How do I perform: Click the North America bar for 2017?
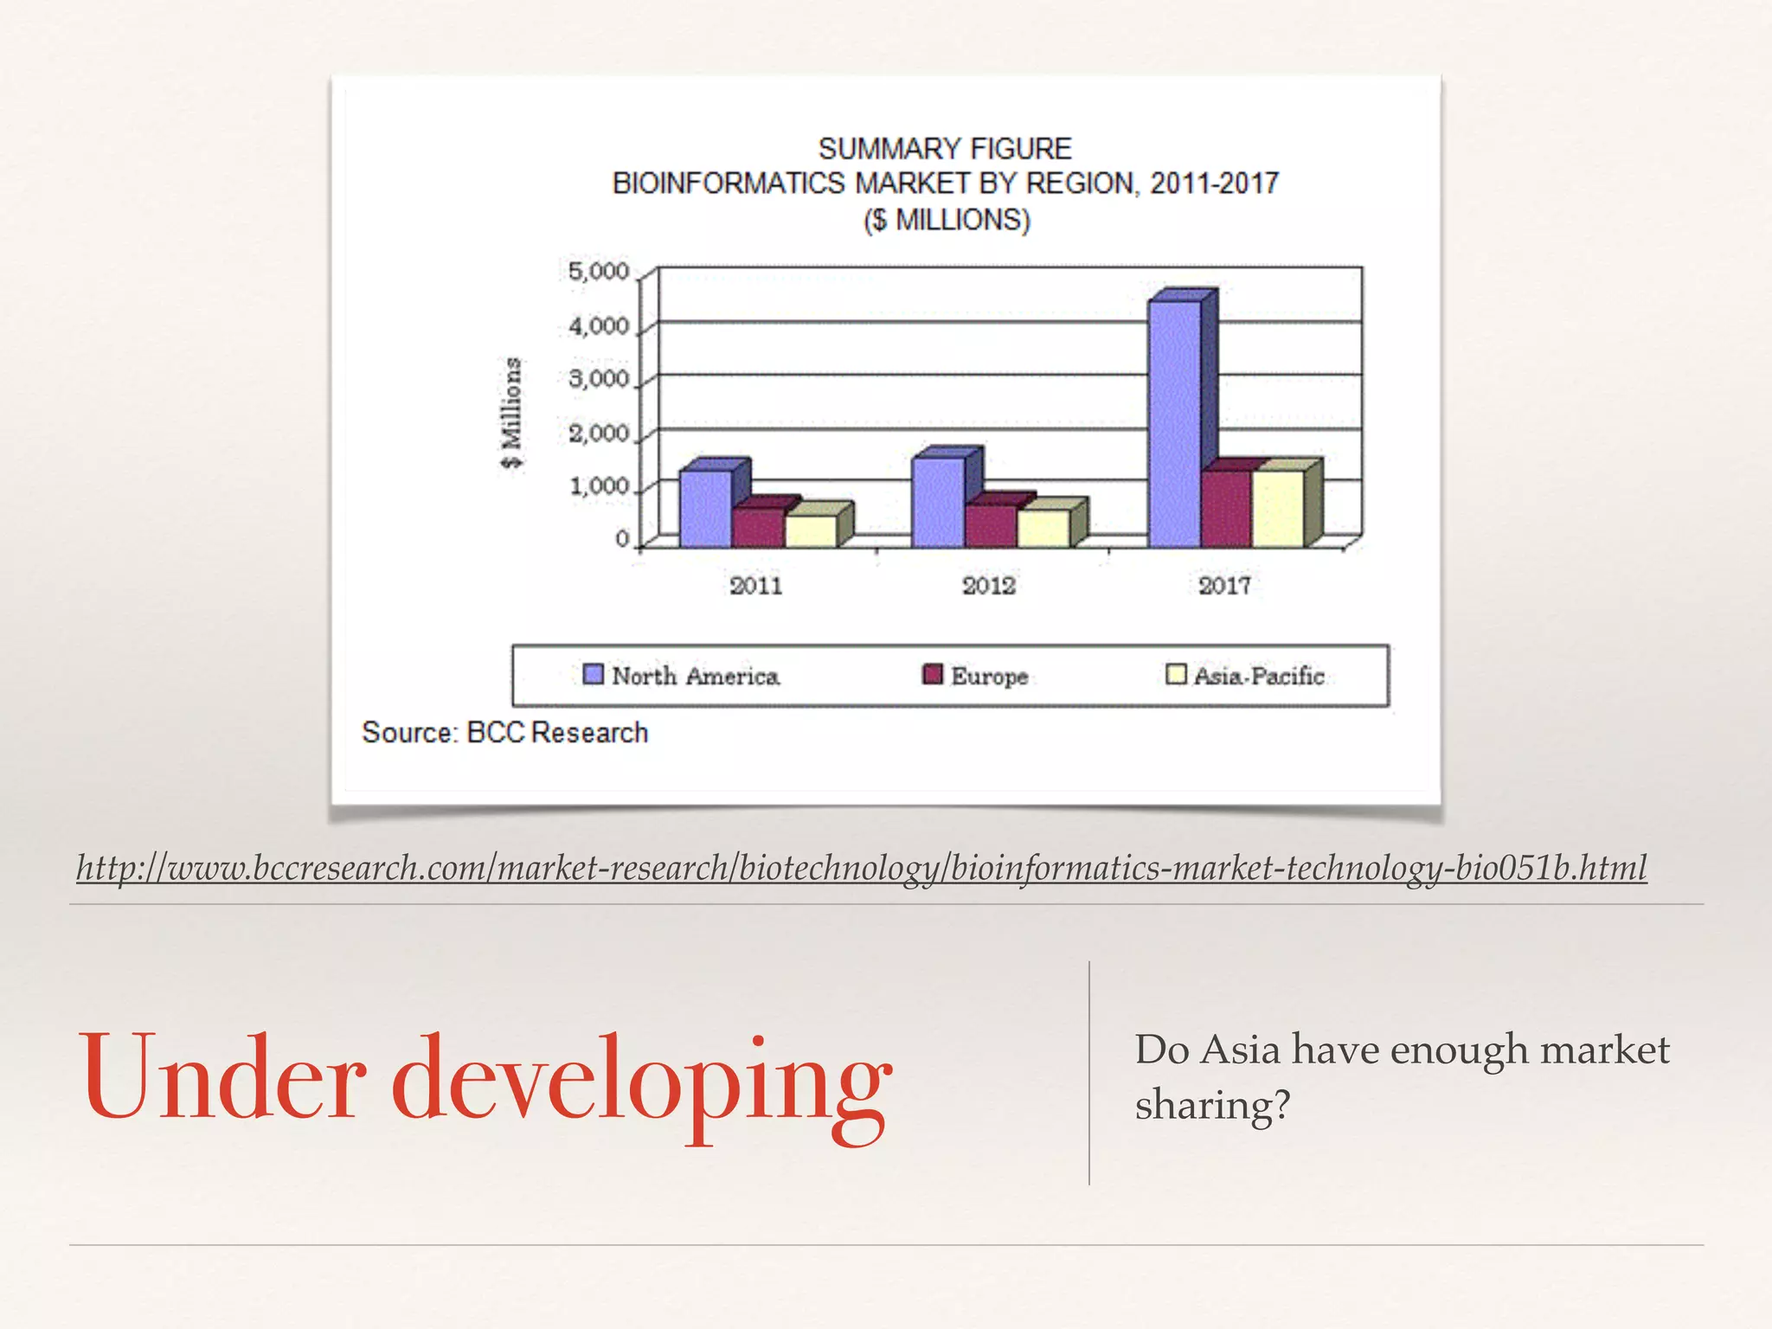[x=1174, y=423]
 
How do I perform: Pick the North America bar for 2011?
[x=705, y=508]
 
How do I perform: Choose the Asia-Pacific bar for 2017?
[x=1278, y=508]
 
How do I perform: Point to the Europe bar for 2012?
[x=991, y=525]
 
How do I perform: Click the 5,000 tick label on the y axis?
[x=599, y=272]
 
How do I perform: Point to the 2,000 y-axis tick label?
[x=599, y=433]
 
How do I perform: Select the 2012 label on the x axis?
[x=989, y=586]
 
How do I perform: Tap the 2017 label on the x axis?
[x=1224, y=586]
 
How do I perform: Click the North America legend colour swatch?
[x=594, y=674]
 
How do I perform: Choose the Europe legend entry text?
[x=989, y=676]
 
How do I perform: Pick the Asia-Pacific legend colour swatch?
[x=1176, y=674]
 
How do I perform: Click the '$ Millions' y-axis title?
[x=512, y=413]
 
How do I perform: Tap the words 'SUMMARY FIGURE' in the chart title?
[x=945, y=149]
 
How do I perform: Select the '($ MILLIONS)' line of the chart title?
[x=947, y=220]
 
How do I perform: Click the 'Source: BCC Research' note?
[x=505, y=733]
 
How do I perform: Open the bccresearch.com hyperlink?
[x=862, y=868]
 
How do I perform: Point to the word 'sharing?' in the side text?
[x=1212, y=1105]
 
